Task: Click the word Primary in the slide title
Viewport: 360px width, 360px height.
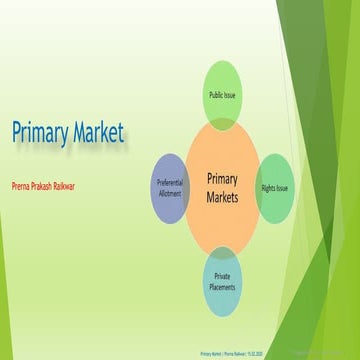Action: (40, 132)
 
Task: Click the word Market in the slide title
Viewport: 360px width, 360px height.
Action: (98, 131)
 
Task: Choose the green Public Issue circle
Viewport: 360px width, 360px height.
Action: (223, 95)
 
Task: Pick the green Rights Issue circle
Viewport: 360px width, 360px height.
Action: (276, 187)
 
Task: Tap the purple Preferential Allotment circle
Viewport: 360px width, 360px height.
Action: (170, 187)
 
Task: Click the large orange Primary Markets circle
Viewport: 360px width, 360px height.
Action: (223, 187)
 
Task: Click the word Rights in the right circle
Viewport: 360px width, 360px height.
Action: (269, 187)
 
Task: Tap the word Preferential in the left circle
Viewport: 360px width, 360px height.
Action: (170, 183)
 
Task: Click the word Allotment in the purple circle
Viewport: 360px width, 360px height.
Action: (170, 193)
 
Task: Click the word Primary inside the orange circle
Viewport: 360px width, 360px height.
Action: (223, 178)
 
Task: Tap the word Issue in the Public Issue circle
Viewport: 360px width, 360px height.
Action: (232, 95)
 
